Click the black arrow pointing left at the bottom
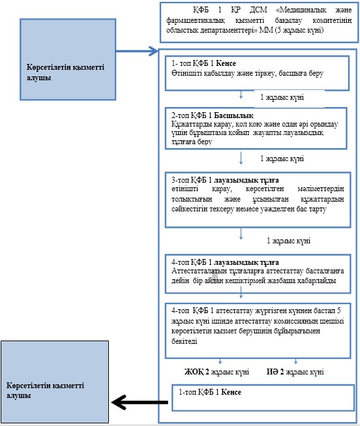click(x=140, y=402)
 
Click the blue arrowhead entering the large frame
click(x=153, y=51)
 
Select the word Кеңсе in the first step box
click(x=226, y=63)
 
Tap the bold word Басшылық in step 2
click(x=233, y=115)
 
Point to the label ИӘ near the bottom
click(x=273, y=371)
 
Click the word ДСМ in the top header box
click(x=258, y=10)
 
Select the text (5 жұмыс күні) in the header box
click(x=299, y=30)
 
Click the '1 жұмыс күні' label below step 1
click(x=282, y=97)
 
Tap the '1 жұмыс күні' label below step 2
click(x=282, y=159)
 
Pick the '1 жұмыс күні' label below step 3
click(x=288, y=241)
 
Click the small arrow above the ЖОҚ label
click(x=220, y=361)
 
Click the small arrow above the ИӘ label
click(x=295, y=361)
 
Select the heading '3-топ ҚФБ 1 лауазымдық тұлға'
click(x=225, y=180)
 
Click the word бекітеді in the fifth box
click(x=184, y=341)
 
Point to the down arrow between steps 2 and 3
click(x=241, y=158)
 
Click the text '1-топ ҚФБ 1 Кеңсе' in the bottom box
click(x=210, y=392)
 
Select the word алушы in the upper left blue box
click(x=39, y=78)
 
